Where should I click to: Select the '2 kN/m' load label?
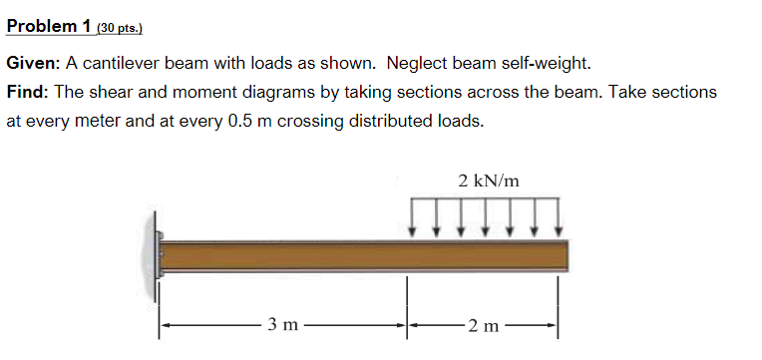coord(489,180)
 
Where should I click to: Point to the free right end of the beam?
coord(565,256)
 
